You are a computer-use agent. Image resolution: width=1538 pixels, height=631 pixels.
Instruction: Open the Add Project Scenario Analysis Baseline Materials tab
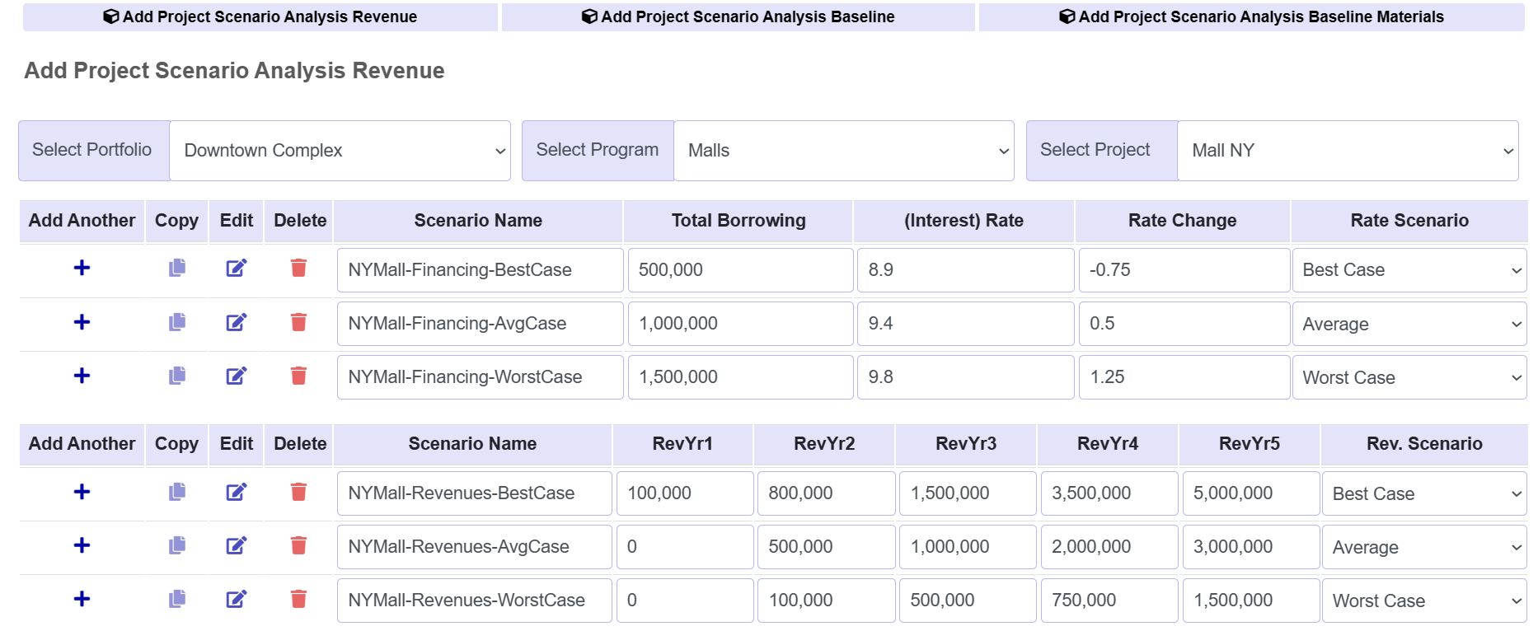point(1251,17)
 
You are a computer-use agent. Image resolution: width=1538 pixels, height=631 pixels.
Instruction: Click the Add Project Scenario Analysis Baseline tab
point(739,17)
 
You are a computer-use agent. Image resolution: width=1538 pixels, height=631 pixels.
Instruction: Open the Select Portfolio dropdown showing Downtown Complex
point(340,151)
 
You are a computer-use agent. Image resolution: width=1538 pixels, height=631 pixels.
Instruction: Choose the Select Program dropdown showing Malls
point(843,151)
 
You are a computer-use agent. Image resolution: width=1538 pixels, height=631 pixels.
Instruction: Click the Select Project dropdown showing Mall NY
point(1348,151)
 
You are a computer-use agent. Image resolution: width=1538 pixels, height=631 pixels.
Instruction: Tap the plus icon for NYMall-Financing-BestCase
point(82,268)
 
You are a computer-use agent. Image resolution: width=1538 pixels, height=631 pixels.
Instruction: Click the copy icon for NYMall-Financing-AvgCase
point(177,322)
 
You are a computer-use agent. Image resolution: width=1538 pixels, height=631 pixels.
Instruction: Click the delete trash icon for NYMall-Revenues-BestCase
point(298,492)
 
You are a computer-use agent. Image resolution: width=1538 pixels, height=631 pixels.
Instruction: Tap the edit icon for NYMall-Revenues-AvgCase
point(237,545)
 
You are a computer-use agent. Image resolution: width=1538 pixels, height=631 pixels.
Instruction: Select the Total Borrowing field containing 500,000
point(739,270)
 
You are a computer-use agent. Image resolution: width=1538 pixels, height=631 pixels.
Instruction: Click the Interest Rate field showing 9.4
point(964,324)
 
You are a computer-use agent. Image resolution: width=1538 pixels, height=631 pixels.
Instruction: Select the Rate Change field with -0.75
point(1183,270)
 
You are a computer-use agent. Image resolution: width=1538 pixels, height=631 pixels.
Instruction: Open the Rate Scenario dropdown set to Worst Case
point(1409,377)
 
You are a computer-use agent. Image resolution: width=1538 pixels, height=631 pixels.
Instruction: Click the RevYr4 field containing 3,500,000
point(1109,493)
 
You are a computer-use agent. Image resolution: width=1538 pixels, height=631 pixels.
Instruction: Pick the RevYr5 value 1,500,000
point(1250,601)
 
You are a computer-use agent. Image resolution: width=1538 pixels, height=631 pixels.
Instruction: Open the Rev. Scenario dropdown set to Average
point(1423,547)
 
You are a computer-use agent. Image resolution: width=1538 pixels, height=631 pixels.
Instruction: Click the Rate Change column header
point(1182,221)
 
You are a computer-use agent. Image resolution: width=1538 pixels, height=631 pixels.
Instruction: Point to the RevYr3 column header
point(966,444)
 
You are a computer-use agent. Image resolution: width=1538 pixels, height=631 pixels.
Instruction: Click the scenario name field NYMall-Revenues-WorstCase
point(474,601)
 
